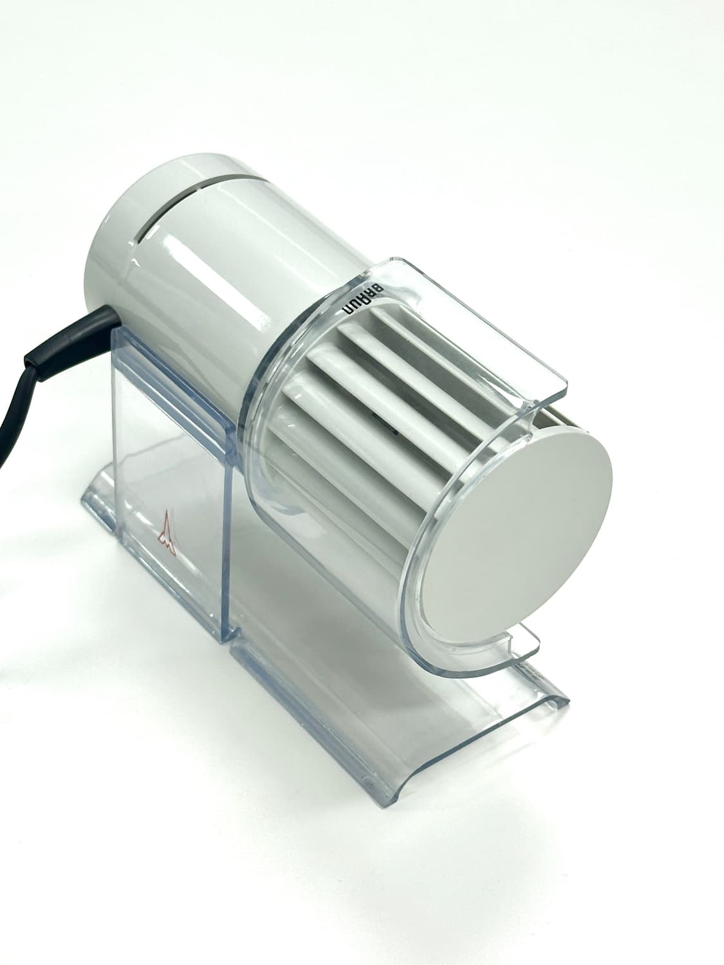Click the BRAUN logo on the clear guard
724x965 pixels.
[x=363, y=299]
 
